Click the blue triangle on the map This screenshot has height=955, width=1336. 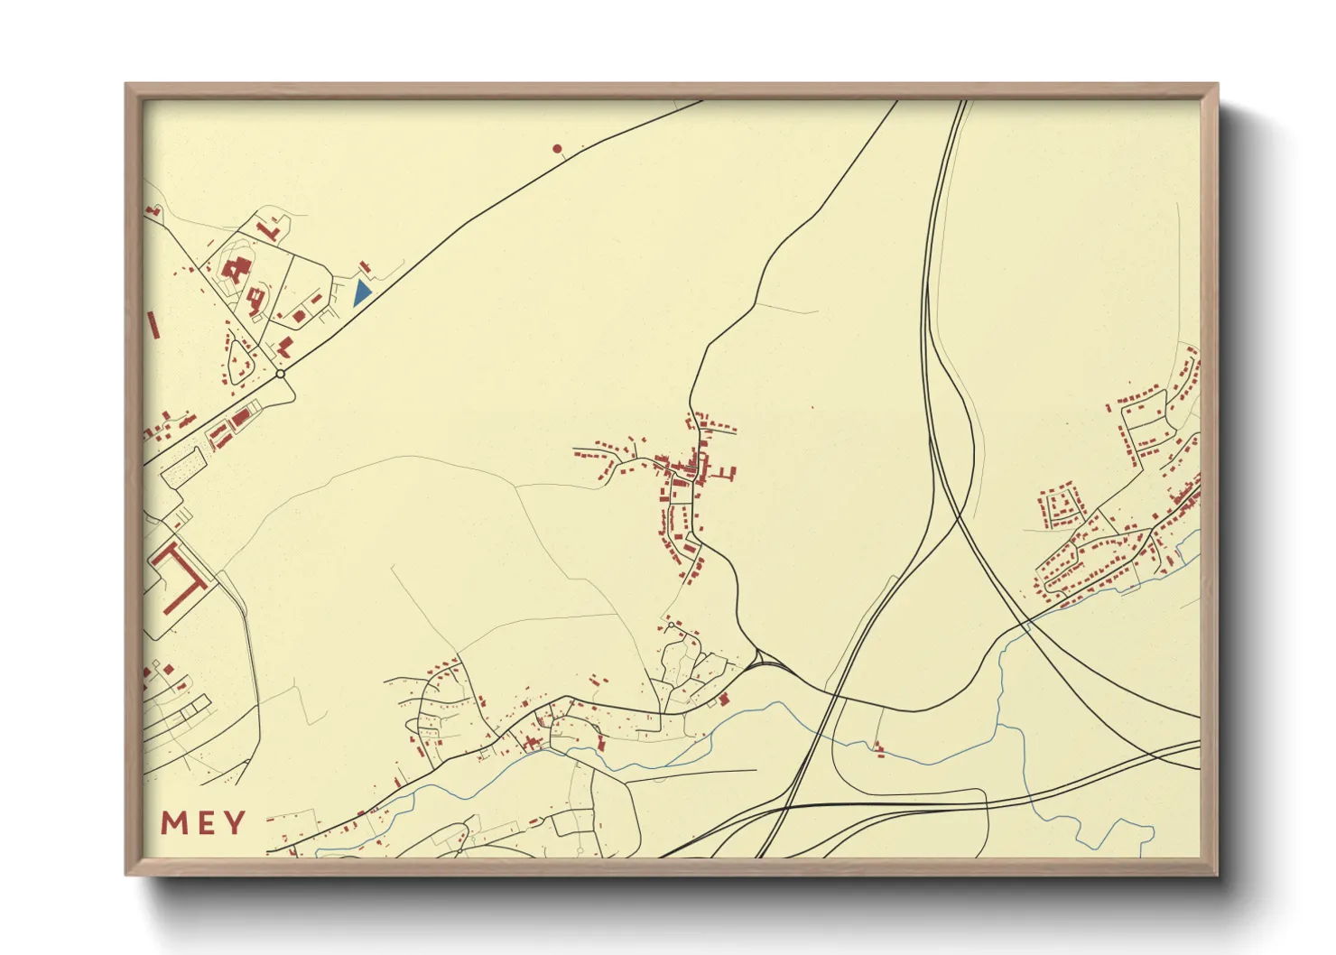tap(362, 292)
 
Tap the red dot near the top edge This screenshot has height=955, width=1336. tap(557, 148)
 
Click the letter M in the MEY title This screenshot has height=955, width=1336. tap(174, 822)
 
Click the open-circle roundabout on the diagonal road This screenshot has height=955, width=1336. tap(281, 374)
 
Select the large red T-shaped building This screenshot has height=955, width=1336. tap(181, 574)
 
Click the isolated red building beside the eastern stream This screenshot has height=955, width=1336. tap(877, 746)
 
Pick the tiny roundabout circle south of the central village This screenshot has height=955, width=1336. tap(671, 624)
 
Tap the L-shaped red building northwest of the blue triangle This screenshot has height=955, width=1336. tap(268, 230)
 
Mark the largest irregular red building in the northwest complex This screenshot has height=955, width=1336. tap(237, 270)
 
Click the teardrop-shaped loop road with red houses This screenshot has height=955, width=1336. tap(238, 360)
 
